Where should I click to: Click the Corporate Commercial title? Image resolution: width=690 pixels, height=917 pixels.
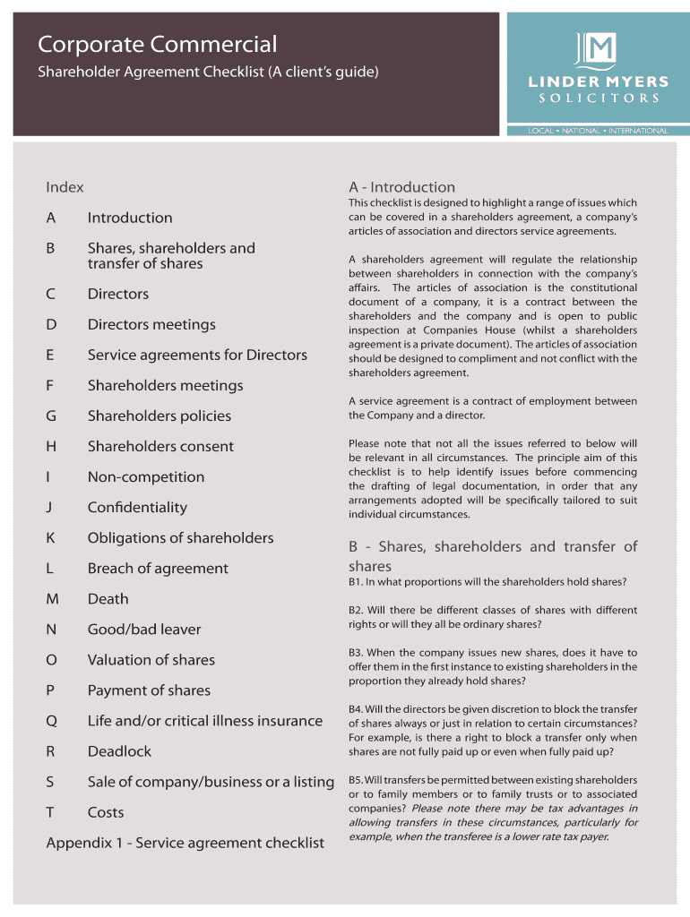[x=157, y=44]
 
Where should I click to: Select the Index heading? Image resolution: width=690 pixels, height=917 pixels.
[x=65, y=187]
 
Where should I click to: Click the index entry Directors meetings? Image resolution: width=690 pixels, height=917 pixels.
[x=151, y=324]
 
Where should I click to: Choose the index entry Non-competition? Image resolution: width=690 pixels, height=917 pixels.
[x=146, y=476]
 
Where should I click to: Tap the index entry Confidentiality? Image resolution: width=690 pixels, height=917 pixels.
[x=137, y=507]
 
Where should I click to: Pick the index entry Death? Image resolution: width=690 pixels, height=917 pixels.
[x=108, y=598]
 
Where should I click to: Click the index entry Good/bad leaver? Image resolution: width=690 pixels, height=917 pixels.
[x=144, y=629]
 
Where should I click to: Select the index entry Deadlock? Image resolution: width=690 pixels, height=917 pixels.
[x=119, y=750]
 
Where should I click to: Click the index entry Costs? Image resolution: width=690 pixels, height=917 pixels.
[x=106, y=811]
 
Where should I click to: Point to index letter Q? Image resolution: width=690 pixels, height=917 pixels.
[x=51, y=720]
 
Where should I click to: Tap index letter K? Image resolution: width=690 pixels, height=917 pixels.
[x=50, y=537]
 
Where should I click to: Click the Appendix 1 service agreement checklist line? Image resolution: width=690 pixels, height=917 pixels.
[x=185, y=843]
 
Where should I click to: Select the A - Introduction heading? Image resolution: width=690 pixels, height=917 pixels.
[x=401, y=187]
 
